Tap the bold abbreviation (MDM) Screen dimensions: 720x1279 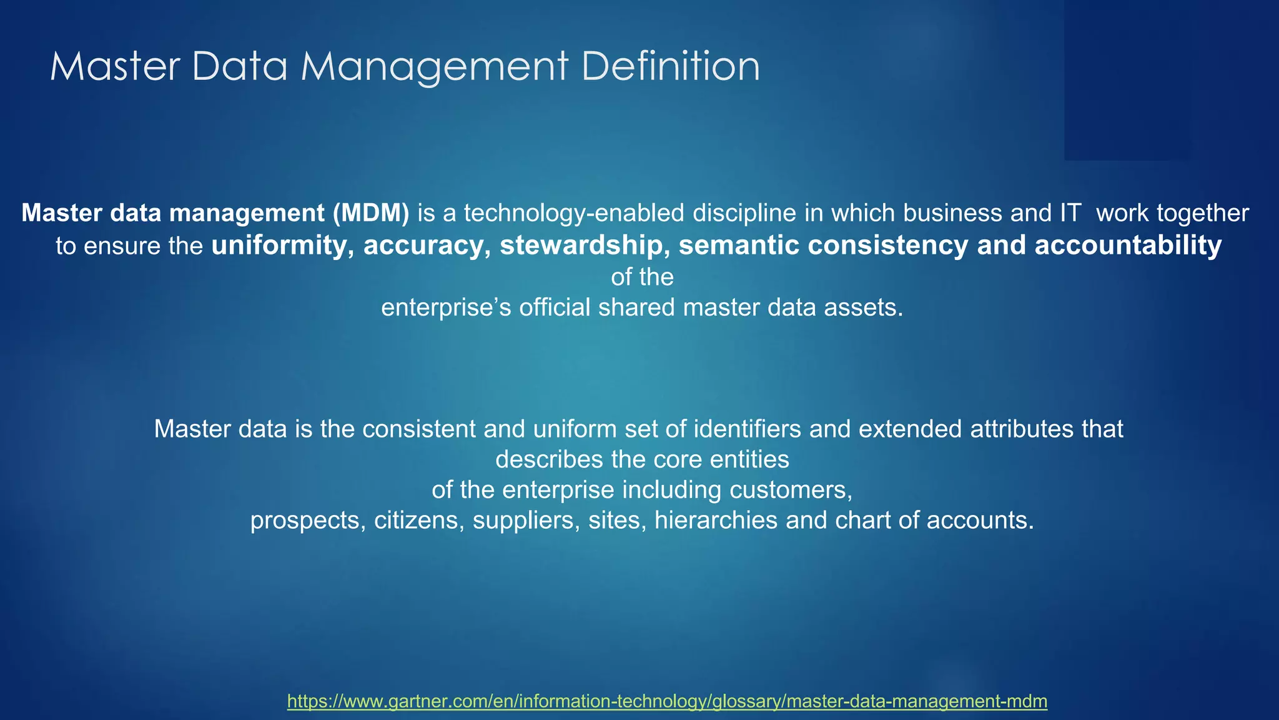pos(371,214)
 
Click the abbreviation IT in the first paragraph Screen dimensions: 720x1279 pos(1070,214)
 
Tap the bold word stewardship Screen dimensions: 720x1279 pos(581,245)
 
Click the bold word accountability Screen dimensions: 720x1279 pos(1128,245)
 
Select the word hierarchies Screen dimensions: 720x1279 pos(716,520)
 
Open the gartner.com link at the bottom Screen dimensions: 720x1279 pos(667,701)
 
